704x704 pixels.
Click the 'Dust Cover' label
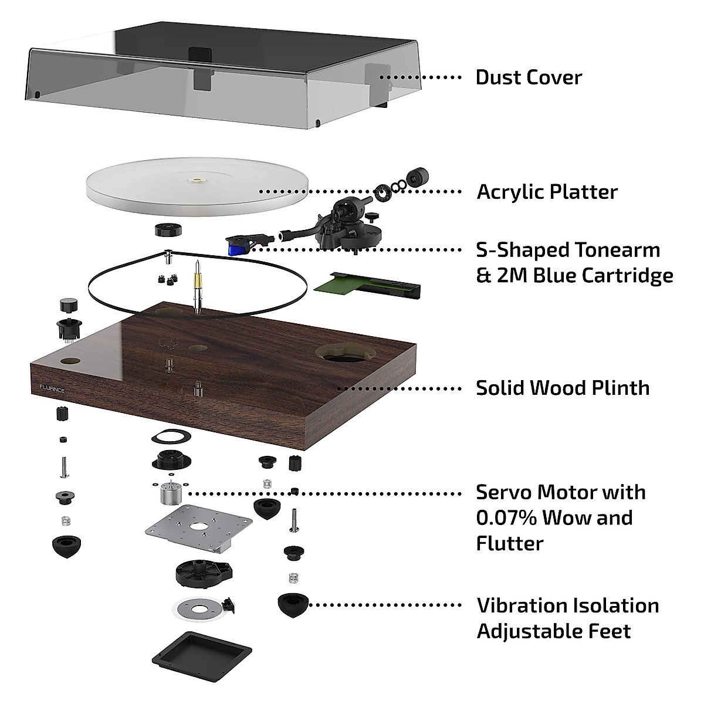tap(529, 77)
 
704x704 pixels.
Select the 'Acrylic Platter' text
tap(547, 192)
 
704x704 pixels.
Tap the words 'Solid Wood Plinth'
tap(563, 388)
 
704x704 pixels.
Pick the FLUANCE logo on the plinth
tap(52, 389)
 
